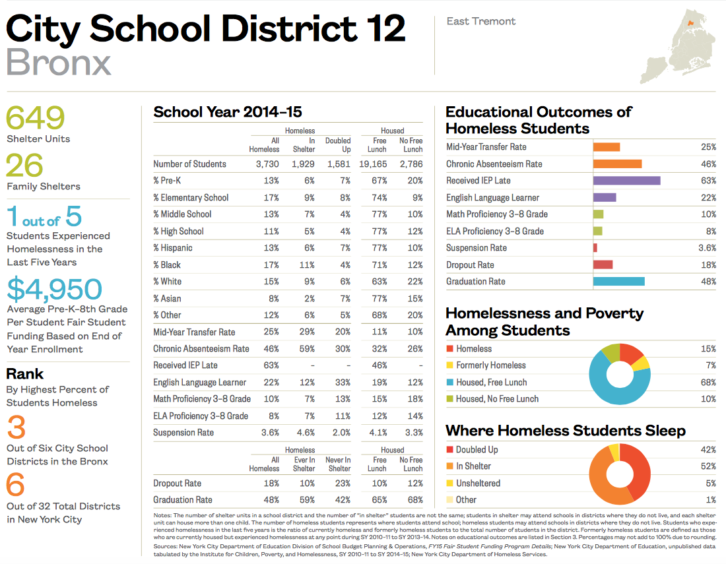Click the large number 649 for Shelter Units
[x=36, y=118]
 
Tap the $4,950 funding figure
[x=54, y=289]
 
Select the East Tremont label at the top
[x=481, y=21]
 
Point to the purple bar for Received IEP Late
[x=626, y=181]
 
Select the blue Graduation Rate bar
[x=618, y=282]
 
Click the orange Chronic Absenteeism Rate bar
[x=617, y=164]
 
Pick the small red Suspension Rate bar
[x=595, y=248]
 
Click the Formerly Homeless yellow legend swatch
[x=449, y=365]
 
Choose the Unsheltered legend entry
[x=478, y=484]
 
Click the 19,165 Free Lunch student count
[x=373, y=164]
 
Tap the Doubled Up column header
[x=338, y=144]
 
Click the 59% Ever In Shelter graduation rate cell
[x=304, y=500]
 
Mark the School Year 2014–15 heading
[x=228, y=112]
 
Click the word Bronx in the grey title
[x=59, y=63]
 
